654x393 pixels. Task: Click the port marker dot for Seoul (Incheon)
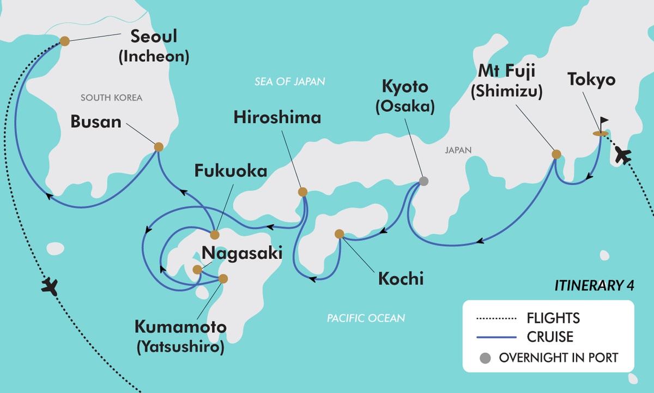pyautogui.click(x=64, y=41)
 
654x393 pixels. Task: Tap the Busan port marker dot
pyautogui.click(x=159, y=147)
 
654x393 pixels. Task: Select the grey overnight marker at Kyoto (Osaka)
pyautogui.click(x=423, y=181)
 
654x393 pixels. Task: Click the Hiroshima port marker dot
pyautogui.click(x=302, y=192)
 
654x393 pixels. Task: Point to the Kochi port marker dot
pyautogui.click(x=339, y=234)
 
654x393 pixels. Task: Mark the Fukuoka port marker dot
pyautogui.click(x=215, y=235)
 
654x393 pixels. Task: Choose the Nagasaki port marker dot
pyautogui.click(x=197, y=269)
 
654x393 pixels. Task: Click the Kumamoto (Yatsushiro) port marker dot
pyautogui.click(x=223, y=278)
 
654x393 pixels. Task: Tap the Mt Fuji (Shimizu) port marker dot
pyautogui.click(x=556, y=154)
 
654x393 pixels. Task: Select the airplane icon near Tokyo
pyautogui.click(x=622, y=156)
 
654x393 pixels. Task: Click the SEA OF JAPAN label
pyautogui.click(x=289, y=82)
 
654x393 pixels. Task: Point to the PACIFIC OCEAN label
pyautogui.click(x=366, y=318)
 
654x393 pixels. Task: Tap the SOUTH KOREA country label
pyautogui.click(x=111, y=98)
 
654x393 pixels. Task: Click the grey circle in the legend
pyautogui.click(x=485, y=359)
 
